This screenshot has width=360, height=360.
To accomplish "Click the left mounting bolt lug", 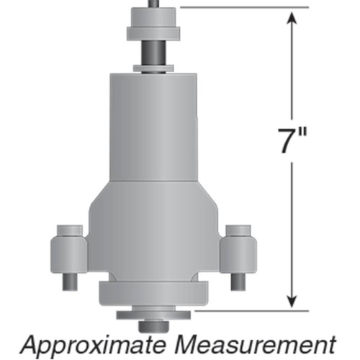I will pos(68,253).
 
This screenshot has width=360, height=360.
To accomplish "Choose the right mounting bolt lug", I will pos(237,253).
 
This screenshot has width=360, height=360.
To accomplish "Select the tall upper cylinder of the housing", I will pos(153,126).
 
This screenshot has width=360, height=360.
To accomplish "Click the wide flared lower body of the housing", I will pos(153,223).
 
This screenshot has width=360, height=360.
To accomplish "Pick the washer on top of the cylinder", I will pos(153,68).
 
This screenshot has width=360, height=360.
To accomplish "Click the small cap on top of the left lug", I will pos(68,230).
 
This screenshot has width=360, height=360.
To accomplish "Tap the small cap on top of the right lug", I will pos(237,230).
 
